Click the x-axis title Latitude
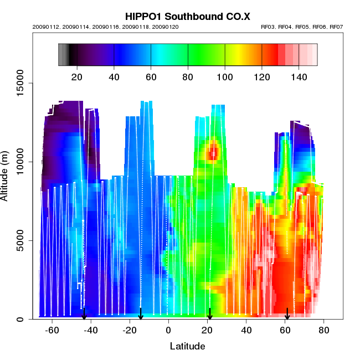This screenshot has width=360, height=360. [x=187, y=346]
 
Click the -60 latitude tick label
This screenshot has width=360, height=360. [x=52, y=331]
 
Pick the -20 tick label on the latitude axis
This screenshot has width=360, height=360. [x=130, y=331]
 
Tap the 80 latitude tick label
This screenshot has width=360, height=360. [x=324, y=331]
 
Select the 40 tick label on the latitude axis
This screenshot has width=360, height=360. [x=246, y=331]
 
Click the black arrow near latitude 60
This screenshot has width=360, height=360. [x=287, y=314]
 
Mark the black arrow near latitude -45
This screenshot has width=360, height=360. [x=84, y=314]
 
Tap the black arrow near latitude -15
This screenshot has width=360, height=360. [x=141, y=314]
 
